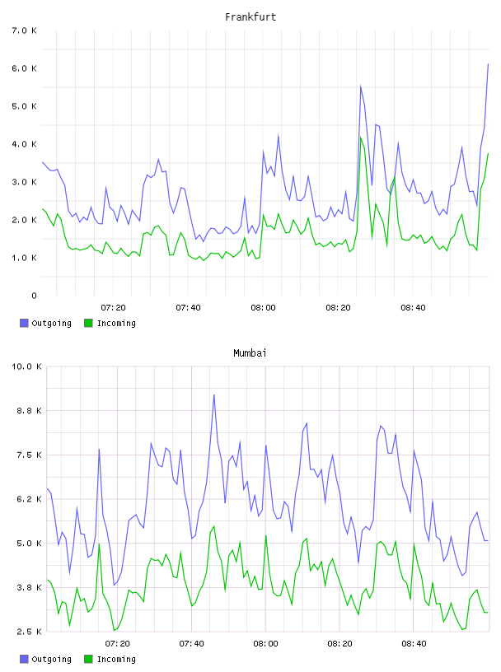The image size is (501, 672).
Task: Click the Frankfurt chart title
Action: [x=250, y=17]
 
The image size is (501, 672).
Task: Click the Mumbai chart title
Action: [x=250, y=353]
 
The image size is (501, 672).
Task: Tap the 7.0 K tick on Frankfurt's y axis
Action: [x=25, y=30]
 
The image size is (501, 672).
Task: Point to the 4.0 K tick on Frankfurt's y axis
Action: [x=25, y=144]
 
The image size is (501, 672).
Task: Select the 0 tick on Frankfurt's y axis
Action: [x=34, y=296]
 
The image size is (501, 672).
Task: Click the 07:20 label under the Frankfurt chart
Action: [x=113, y=308]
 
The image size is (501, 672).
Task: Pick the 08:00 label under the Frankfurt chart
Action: [x=263, y=308]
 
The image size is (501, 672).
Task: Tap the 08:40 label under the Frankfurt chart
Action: [x=413, y=308]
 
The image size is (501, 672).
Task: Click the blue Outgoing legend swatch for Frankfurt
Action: [x=24, y=323]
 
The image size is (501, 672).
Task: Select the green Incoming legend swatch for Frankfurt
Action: [x=88, y=323]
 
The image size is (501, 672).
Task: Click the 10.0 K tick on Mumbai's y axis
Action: [x=26, y=366]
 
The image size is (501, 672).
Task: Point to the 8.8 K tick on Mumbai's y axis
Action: [x=29, y=411]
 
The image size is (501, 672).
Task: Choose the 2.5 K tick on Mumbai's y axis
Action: [x=29, y=632]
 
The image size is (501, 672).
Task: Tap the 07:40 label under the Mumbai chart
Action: [x=191, y=644]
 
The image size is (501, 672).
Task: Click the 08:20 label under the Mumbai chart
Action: [x=339, y=644]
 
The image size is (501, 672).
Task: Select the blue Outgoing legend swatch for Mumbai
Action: [x=24, y=659]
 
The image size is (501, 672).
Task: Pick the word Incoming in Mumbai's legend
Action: [x=116, y=659]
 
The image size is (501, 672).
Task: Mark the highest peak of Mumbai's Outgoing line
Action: [x=214, y=394]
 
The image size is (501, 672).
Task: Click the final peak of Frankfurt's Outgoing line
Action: [x=488, y=64]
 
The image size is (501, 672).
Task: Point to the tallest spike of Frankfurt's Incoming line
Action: [x=361, y=138]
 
